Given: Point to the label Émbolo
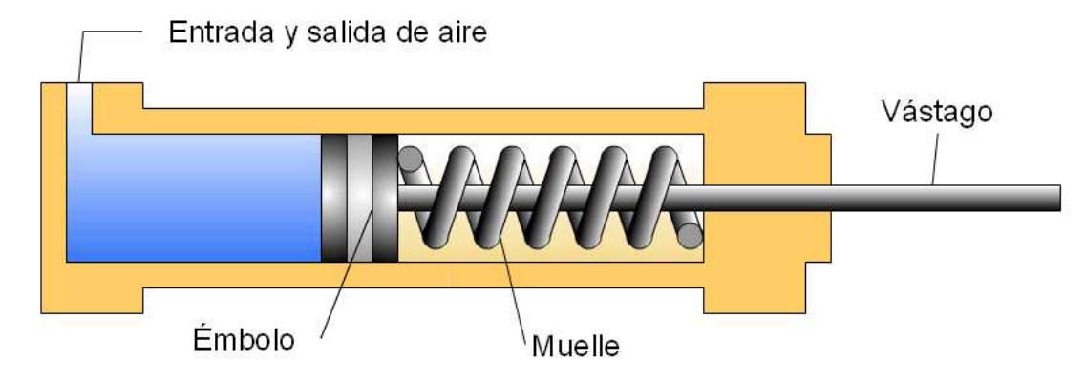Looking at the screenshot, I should (238, 339).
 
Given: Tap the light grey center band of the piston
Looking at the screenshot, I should (359, 198).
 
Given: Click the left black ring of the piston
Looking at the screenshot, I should (333, 198).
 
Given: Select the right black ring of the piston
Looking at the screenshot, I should (384, 198).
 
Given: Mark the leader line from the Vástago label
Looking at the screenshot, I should (932, 158).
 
